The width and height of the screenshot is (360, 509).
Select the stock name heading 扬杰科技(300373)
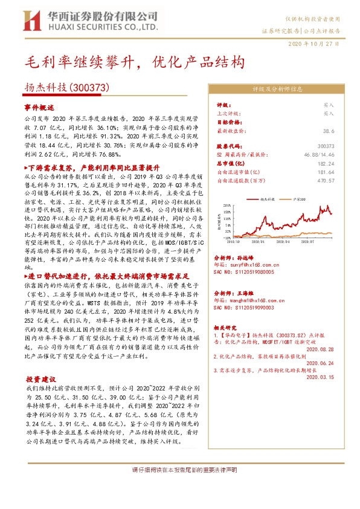[66, 87]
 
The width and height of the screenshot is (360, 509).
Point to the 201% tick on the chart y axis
[228, 206]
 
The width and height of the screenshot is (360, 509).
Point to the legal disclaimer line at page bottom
[180, 470]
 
